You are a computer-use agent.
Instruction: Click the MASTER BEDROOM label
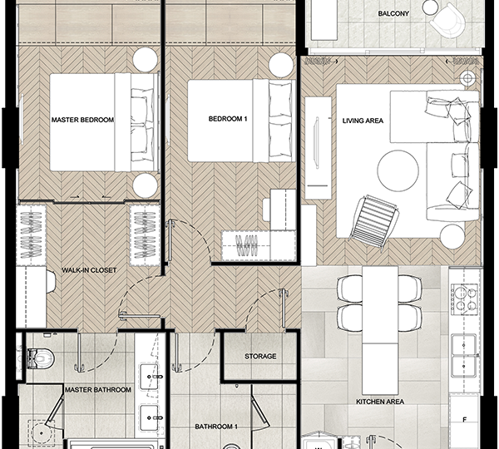pyautogui.click(x=82, y=120)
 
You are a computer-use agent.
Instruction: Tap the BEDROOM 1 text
pyautogui.click(x=228, y=119)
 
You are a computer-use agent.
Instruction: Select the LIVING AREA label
pyautogui.click(x=363, y=121)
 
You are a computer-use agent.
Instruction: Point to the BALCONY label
pyautogui.click(x=393, y=13)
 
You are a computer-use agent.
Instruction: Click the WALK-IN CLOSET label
pyautogui.click(x=89, y=270)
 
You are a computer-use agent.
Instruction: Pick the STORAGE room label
pyautogui.click(x=260, y=357)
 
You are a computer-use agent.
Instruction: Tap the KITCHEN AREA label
pyautogui.click(x=380, y=402)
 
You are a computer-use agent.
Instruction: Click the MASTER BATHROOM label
pyautogui.click(x=98, y=390)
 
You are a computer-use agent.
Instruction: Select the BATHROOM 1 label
pyautogui.click(x=216, y=427)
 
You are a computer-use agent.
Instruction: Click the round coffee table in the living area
pyautogui.click(x=398, y=171)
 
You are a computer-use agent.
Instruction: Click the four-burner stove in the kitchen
pyautogui.click(x=465, y=297)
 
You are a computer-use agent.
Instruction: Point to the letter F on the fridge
pyautogui.click(x=464, y=420)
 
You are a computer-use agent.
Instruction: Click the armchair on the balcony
pyautogui.click(x=447, y=21)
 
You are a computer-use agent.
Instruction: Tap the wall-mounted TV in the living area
pyautogui.click(x=316, y=142)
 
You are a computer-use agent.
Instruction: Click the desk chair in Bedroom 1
pyautogui.click(x=267, y=209)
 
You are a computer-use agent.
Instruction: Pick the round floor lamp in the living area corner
pyautogui.click(x=467, y=78)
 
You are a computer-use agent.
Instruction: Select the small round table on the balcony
pyautogui.click(x=431, y=7)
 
